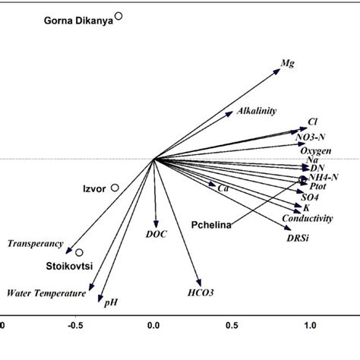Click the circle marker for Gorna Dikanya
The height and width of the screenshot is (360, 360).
coord(118,15)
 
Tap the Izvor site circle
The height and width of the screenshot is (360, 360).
coord(115,187)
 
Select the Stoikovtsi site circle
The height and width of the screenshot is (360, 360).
coord(79,252)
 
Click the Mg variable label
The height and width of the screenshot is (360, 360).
coord(288,65)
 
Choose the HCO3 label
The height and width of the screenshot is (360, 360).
coord(201,292)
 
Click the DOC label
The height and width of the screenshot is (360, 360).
coord(156,235)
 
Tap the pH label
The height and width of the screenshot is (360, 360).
coord(111,302)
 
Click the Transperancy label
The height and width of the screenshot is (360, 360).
coord(35,243)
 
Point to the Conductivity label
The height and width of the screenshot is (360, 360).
coord(307,219)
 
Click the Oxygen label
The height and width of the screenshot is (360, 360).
coord(316,151)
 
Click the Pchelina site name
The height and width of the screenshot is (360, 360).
coord(211,224)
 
